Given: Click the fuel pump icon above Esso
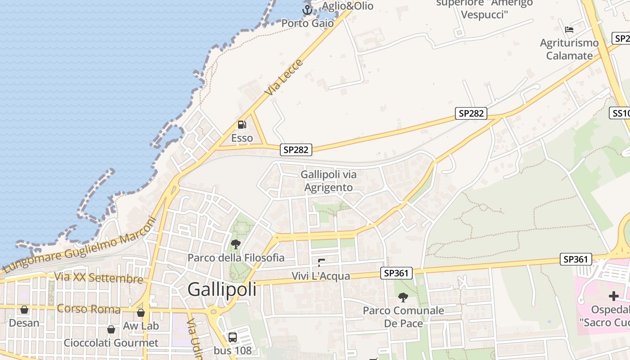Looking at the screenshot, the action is pos(242,125).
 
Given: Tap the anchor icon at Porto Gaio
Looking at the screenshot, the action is pos(307,9).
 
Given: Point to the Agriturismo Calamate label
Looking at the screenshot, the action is pos(569,49).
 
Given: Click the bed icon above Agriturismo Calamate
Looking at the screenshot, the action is pos(569,30).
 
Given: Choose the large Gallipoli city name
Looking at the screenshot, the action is pos(222,289).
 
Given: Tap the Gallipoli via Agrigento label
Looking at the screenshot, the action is pos(328,181).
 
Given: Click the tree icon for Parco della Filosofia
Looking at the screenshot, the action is pos(235,244).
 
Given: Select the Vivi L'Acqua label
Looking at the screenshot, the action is pos(320,276).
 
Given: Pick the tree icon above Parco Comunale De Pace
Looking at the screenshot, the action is pos(403,297).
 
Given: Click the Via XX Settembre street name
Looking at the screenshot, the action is pos(99,278).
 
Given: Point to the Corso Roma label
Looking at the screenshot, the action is pos(89,309).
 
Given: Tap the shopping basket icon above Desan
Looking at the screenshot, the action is pos(24,310).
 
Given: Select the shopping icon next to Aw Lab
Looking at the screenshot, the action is pos(141,313).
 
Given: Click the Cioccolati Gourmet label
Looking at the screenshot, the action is pos(111,343).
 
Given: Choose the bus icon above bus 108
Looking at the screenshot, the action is pos(233,337).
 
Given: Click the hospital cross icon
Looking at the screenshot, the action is pos(613,296).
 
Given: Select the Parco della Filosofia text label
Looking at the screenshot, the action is pos(236,258).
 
